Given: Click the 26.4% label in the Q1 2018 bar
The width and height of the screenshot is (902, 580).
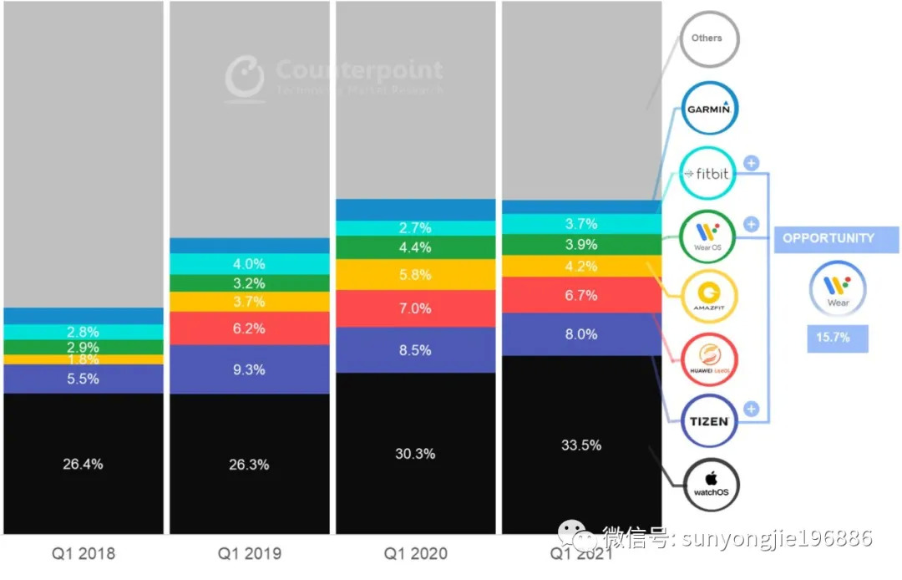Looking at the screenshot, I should (83, 464).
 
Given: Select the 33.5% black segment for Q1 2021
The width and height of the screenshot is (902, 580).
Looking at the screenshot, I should (580, 445).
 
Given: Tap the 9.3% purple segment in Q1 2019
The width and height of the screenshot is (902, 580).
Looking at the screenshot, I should (249, 369).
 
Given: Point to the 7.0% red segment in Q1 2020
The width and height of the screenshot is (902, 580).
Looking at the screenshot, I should (415, 308).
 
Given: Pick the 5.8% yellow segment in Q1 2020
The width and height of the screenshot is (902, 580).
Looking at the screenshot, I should (415, 274).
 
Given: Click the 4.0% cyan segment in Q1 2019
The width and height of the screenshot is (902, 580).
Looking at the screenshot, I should (249, 264).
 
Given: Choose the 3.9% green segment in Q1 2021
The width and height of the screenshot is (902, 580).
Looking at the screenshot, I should (580, 245).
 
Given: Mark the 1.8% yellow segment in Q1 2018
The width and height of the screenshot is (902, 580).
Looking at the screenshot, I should (83, 359).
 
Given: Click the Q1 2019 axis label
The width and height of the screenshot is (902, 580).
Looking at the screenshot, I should (249, 553).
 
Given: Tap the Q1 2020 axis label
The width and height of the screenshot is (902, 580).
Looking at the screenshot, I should (415, 553).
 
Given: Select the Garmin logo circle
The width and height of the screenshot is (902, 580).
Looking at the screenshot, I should (708, 108).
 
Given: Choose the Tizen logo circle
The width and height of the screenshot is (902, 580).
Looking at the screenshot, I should (708, 421).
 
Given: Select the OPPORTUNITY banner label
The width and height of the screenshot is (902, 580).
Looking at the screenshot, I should (828, 238).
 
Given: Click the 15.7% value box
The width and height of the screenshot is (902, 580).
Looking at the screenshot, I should (838, 338).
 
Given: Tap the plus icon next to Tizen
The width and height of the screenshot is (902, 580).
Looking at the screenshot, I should (750, 410).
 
